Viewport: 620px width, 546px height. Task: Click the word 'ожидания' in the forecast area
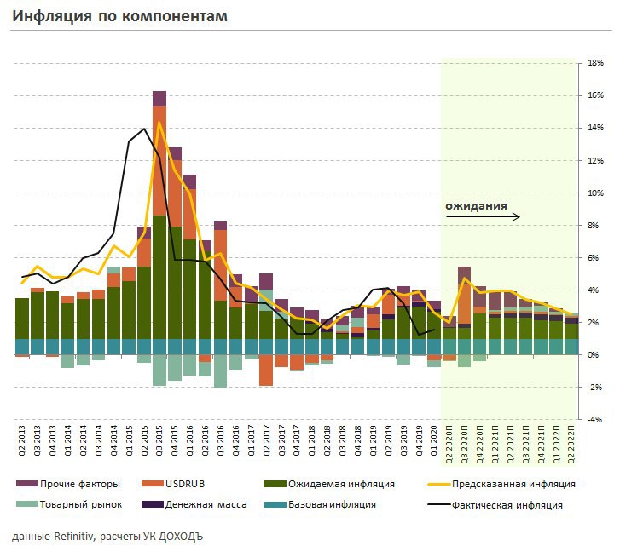click(476, 206)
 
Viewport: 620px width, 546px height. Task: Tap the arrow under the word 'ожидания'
click(483, 217)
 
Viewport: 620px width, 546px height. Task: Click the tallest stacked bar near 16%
click(159, 221)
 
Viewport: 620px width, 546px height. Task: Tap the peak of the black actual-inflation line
click(144, 129)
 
